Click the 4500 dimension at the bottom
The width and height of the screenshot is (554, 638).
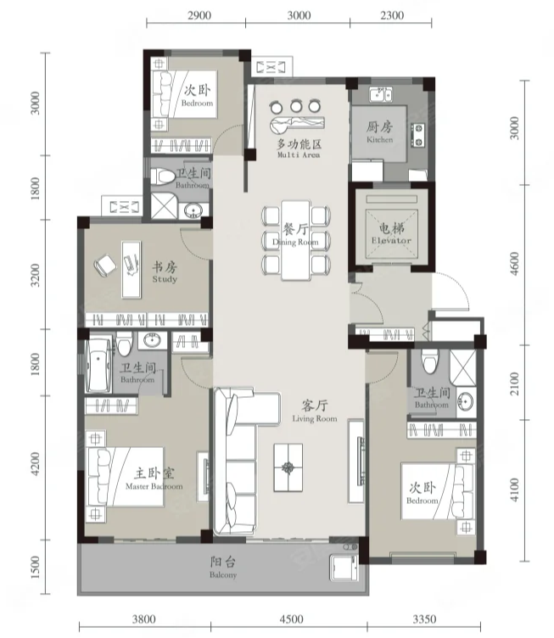pos(292,619)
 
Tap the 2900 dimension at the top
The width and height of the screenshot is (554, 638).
pos(199,15)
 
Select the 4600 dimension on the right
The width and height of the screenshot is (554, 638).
pos(514,264)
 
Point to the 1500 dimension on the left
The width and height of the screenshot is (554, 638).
pos(35,567)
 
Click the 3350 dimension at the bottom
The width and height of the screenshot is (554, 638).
pos(424,619)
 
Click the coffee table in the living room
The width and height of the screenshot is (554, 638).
pos(288,467)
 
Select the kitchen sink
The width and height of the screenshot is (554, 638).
pos(381,94)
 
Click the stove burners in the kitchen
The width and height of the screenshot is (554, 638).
pos(417,135)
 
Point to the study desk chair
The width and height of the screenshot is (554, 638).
pos(105,265)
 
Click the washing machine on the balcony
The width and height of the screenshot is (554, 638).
pos(344,567)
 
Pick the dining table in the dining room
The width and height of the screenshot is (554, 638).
pos(296,240)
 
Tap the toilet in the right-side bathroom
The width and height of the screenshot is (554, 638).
pos(429,361)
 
